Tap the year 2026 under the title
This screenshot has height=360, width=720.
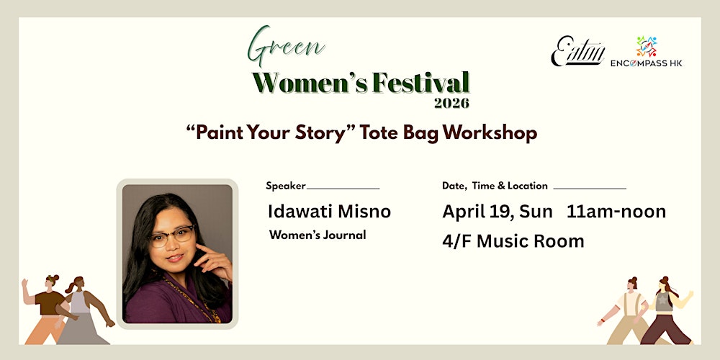451,103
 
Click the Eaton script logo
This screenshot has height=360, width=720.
577,50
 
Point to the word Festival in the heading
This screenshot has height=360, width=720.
421,84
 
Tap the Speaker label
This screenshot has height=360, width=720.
286,186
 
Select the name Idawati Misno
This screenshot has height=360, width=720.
329,212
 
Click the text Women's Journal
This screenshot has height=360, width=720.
318,235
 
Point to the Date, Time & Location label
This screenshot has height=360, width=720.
495,186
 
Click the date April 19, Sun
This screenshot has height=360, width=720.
498,212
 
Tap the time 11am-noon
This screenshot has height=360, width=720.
616,212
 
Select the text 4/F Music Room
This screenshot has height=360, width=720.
513,241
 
